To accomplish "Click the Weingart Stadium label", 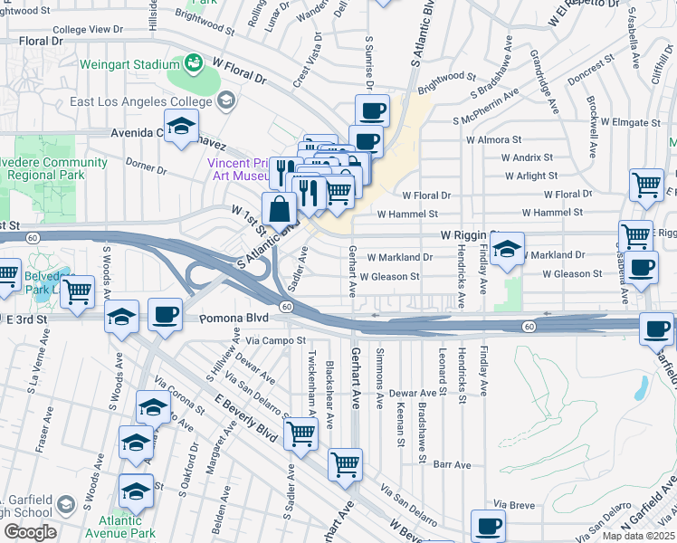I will [130, 65].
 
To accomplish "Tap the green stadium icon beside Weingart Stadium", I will [192, 62].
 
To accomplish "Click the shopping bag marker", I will [281, 209].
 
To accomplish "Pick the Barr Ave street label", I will [453, 464].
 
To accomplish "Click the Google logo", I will [30, 532].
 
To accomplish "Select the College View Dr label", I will [87, 30].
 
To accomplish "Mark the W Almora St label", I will [493, 140].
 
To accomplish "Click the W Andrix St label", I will [521, 157].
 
